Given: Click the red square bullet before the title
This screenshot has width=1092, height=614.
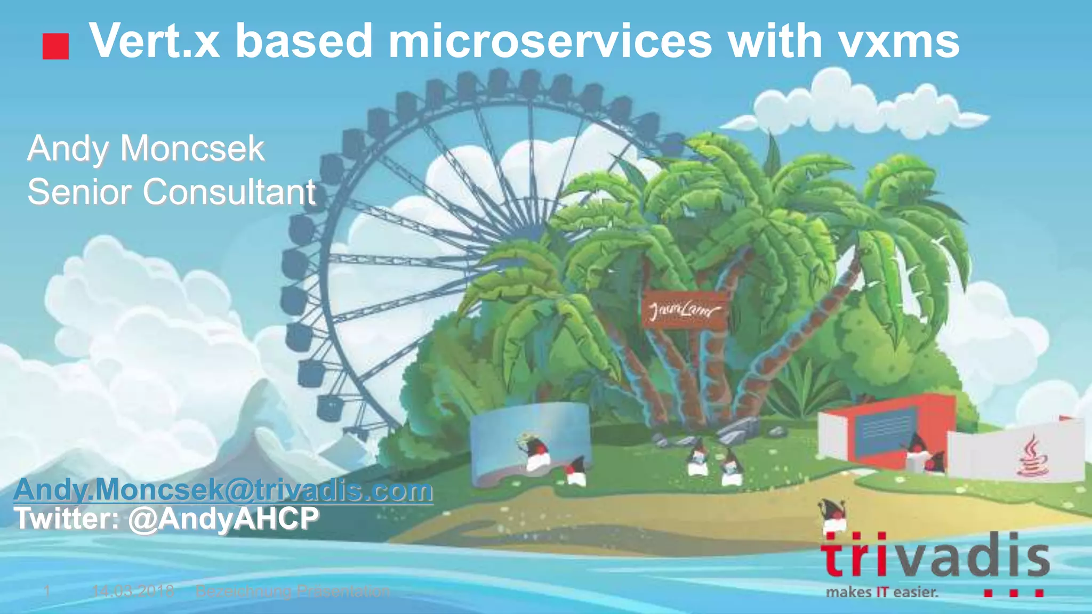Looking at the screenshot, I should pos(55,46).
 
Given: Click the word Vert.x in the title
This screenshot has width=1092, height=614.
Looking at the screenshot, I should pos(154,42).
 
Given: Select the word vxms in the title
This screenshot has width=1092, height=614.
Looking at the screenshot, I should pos(898,42).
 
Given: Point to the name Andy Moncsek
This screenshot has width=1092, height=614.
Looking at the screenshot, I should pos(146,149).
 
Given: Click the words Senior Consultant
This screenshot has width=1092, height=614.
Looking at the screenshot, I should pos(171,192).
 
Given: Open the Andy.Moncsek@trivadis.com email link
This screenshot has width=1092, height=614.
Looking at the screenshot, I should pos(223,490).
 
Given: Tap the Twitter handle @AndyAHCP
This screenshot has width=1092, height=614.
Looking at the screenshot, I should pos(223,518).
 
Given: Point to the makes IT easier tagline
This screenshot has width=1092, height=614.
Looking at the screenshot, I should pos(882,592).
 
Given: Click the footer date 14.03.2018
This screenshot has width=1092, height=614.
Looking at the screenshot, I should pos(133,591).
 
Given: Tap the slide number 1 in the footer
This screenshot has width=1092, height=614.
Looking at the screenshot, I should pos(47,591).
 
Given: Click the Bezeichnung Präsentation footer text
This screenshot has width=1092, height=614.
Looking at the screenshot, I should pos(293,591).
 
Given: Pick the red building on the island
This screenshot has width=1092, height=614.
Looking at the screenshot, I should pos(885,426).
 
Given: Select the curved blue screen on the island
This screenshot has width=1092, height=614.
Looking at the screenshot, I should pos(525,440).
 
